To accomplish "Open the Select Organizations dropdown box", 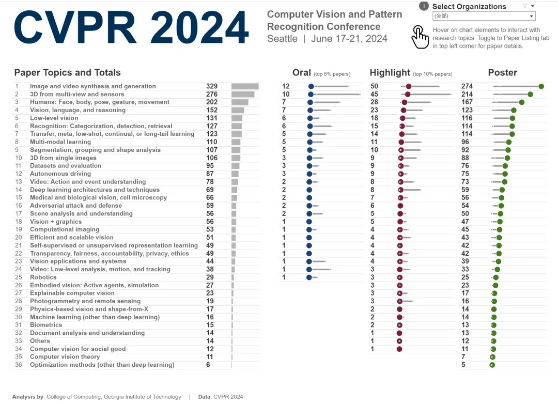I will click(484, 16).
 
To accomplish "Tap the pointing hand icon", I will click(420, 37).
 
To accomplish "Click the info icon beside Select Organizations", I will click(424, 6).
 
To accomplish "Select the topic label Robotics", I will click(43, 277).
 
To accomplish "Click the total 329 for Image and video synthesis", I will click(212, 86).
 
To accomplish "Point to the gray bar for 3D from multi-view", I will click(243, 94).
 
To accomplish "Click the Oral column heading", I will click(302, 73).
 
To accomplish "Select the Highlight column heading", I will click(390, 73).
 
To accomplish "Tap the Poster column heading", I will click(502, 73).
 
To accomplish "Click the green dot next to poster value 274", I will click(541, 86).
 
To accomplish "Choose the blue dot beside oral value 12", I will click(311, 86).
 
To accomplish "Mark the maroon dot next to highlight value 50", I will click(409, 86).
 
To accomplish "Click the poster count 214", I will click(467, 94).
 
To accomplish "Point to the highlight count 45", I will click(375, 94).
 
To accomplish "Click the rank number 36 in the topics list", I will click(19, 365).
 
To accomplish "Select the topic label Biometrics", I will click(46, 325).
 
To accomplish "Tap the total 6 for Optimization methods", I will click(208, 365).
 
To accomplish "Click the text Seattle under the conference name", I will click(282, 39).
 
